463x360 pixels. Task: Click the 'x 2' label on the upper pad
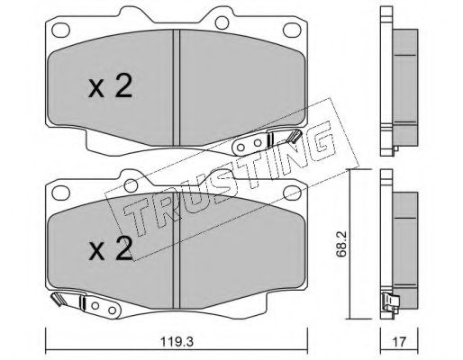(110, 87)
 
